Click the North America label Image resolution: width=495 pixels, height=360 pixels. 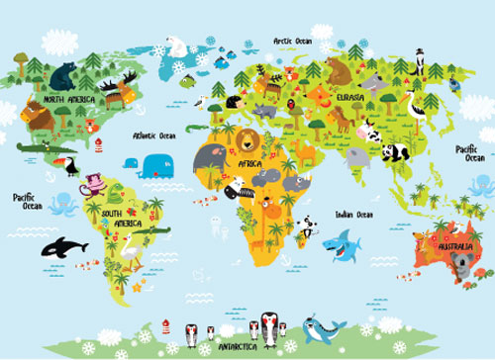[66, 100]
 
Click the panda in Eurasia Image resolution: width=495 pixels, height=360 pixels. [395, 151]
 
